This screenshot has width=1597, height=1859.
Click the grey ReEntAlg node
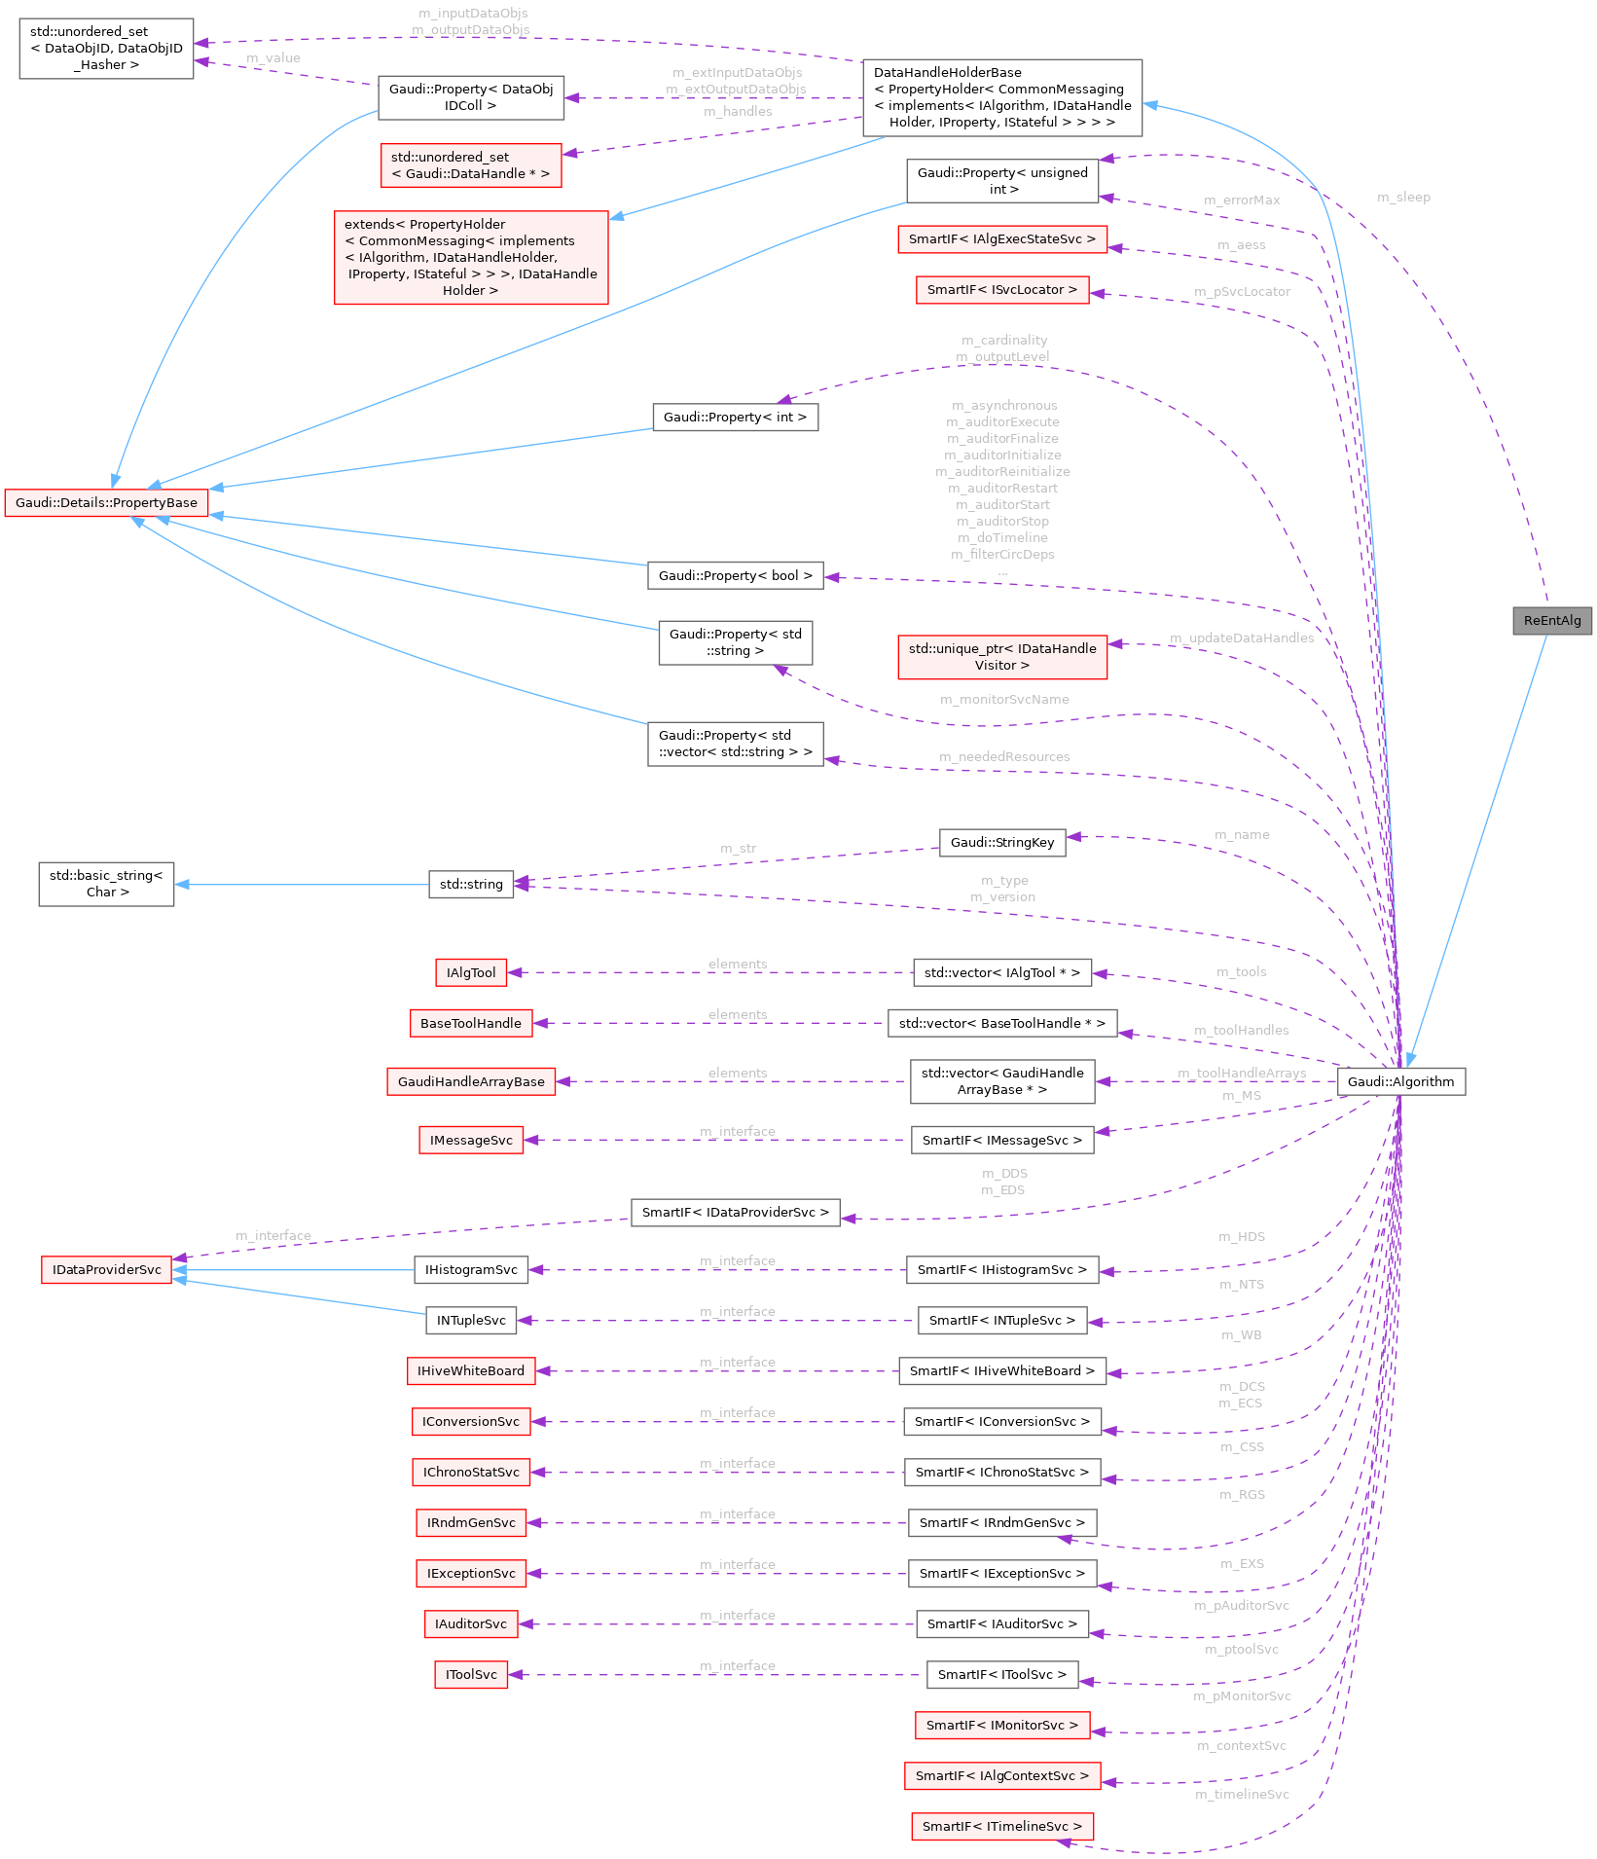click(x=1551, y=620)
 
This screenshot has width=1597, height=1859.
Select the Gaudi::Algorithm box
click(x=1400, y=1081)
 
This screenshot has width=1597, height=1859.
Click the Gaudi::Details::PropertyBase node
click(x=106, y=502)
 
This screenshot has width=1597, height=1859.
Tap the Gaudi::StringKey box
click(x=1001, y=842)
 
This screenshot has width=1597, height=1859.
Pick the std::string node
click(x=471, y=884)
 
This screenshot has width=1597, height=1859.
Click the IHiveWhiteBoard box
click(x=471, y=1370)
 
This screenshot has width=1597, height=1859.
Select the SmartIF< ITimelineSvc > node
click(x=1001, y=1826)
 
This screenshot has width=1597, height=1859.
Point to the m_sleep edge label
click(x=1403, y=197)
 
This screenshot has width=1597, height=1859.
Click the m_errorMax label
click(x=1242, y=200)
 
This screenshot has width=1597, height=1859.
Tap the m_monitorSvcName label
click(x=1004, y=699)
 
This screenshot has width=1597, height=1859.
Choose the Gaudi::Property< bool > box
click(x=735, y=575)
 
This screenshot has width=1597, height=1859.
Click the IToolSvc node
click(x=471, y=1674)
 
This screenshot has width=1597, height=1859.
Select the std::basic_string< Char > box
click(x=106, y=883)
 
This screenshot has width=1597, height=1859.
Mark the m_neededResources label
click(x=1004, y=756)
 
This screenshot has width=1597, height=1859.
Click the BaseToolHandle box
click(x=471, y=1022)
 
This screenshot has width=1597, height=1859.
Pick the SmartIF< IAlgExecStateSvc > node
click(x=1001, y=238)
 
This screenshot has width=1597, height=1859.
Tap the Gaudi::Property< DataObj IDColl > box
click(x=471, y=97)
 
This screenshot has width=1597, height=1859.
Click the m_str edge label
click(x=738, y=848)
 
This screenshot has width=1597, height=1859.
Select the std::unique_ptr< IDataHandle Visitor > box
click(x=1001, y=656)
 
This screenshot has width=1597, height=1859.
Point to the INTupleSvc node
click(x=471, y=1320)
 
